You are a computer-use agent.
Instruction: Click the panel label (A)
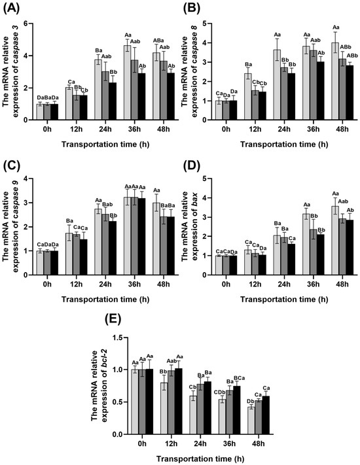click(x=11, y=8)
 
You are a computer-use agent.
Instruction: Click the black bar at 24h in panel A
click(x=112, y=101)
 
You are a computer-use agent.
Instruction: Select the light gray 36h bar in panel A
click(x=128, y=83)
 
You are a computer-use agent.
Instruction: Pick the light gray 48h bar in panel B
click(x=335, y=81)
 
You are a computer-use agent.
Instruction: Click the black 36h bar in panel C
click(x=141, y=237)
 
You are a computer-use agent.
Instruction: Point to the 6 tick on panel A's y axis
click(x=29, y=24)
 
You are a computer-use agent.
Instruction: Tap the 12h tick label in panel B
click(x=255, y=129)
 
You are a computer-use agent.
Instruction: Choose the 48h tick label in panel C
click(x=163, y=284)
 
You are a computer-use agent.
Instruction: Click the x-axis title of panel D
click(x=284, y=300)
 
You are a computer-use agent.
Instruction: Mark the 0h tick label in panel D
click(x=226, y=284)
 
